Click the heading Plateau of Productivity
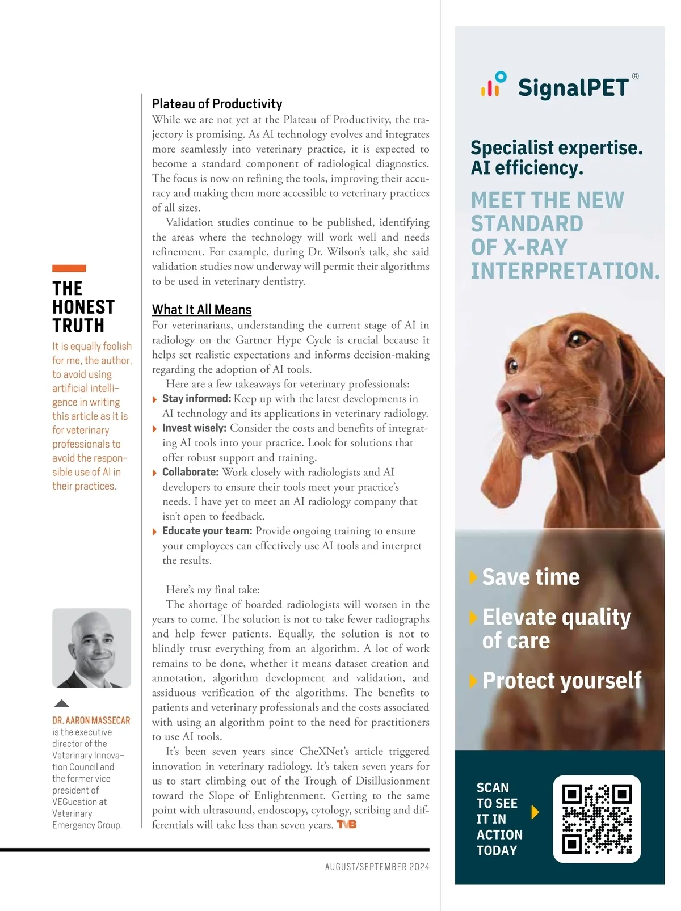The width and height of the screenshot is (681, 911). [x=217, y=104]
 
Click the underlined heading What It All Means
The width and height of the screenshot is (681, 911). [x=201, y=310]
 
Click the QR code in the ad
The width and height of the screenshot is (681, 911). [x=596, y=819]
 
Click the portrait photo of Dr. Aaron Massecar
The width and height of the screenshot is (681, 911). [x=91, y=648]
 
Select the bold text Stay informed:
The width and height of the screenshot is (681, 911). [x=196, y=399]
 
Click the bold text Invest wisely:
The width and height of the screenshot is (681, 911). [x=194, y=428]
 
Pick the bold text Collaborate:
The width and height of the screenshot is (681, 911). [x=190, y=473]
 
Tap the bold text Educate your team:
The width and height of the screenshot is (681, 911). [x=207, y=531]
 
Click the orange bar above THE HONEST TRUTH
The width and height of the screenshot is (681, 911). [x=69, y=268]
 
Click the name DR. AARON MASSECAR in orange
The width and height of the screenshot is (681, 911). [x=91, y=720]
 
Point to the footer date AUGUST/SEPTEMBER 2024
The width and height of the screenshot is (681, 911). [x=377, y=867]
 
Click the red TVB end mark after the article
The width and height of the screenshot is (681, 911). [x=346, y=825]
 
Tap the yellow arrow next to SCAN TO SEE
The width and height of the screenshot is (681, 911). [x=535, y=812]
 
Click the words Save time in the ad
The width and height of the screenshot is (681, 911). [x=531, y=577]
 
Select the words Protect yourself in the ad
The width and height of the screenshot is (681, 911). [x=561, y=681]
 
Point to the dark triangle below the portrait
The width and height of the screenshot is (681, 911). [x=61, y=703]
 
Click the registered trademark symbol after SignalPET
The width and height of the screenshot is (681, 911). [x=635, y=77]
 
